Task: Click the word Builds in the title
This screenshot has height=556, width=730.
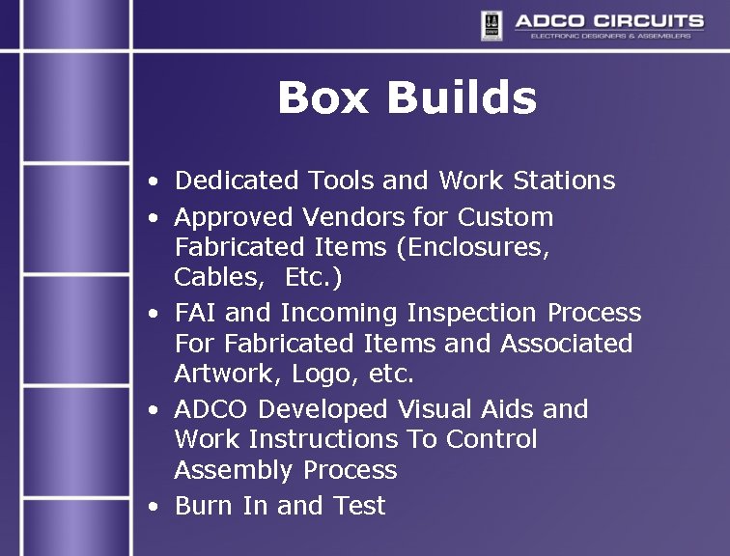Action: click(x=462, y=97)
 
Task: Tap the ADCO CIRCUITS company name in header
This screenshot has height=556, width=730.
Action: click(x=608, y=20)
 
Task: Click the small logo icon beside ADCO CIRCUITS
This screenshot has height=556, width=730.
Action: click(x=491, y=25)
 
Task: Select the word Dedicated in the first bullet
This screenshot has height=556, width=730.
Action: click(x=238, y=181)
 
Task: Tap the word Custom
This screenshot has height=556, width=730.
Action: click(x=506, y=217)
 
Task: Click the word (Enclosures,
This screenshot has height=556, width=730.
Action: click(x=473, y=248)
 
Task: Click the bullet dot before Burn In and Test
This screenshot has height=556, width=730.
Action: click(x=154, y=507)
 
